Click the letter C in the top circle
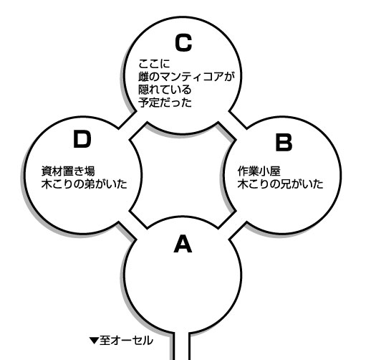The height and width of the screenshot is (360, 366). [183, 43]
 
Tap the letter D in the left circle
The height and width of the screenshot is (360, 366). [82, 139]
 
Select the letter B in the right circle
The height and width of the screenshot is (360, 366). [284, 143]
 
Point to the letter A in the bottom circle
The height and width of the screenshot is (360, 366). [183, 244]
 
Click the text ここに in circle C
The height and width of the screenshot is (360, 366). [154, 64]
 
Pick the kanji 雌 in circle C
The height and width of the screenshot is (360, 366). [143, 77]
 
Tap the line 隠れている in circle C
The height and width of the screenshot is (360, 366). [165, 90]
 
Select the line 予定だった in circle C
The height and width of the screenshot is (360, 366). [165, 103]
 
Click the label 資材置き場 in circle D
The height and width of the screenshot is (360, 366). [68, 171]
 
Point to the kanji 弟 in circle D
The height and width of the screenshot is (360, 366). [90, 184]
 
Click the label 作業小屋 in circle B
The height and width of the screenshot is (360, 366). [259, 171]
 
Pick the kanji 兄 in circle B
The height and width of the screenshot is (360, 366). [285, 184]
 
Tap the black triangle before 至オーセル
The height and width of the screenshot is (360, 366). [94, 341]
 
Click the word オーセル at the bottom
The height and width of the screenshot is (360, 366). [132, 341]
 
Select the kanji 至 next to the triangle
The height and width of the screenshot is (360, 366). [105, 341]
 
